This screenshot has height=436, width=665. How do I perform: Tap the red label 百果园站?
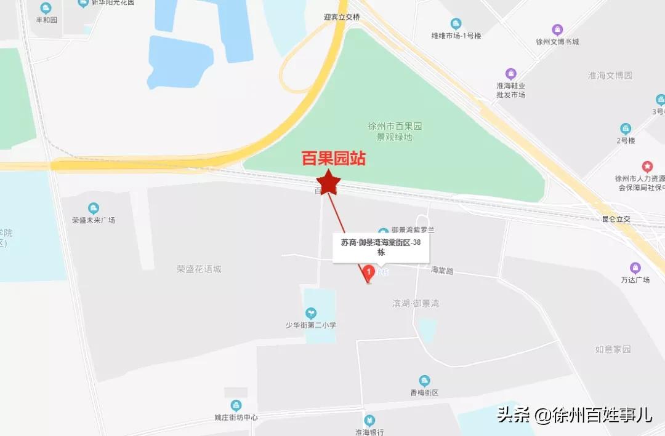pos(333,159)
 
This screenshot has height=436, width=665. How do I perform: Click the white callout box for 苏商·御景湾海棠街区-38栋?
pos(381,247)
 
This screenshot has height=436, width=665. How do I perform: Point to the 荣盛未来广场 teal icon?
pos(94,208)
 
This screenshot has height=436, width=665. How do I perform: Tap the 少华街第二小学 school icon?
pos(310,314)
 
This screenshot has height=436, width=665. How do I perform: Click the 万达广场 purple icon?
pos(635,268)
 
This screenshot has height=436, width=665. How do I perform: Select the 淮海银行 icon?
pos(369,421)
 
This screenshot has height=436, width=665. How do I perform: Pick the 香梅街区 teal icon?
pos(424,381)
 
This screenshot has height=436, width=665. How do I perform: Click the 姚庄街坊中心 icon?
pos(236,405)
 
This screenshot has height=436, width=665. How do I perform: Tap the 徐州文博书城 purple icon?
pos(557,30)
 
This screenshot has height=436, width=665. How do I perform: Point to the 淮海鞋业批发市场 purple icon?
pos(510,74)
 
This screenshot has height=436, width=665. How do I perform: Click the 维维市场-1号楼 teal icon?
pos(456,24)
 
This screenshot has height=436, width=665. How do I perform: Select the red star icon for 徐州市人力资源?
pos(647,166)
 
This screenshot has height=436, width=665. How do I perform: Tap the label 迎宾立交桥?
pos(342,17)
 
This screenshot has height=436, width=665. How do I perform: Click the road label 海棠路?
pos(442,270)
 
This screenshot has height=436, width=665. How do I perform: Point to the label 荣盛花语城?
pos(198,269)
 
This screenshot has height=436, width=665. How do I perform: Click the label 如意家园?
pos(613,349)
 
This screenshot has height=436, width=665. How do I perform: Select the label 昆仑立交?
pos(616,219)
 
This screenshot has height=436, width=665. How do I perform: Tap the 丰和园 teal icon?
pos(46,8)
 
